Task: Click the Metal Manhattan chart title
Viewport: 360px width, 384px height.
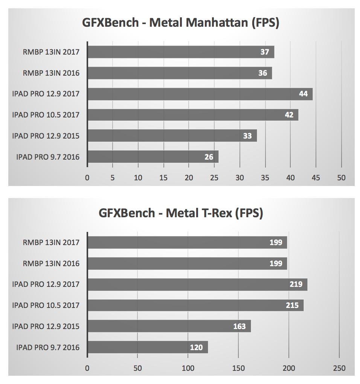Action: (181, 23)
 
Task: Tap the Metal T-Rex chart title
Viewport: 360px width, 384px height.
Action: (181, 213)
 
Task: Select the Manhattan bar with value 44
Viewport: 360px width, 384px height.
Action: (200, 94)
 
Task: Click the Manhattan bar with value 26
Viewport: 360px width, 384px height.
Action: (153, 157)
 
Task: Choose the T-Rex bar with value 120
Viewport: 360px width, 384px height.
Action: (147, 347)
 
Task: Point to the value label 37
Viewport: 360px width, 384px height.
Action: (265, 52)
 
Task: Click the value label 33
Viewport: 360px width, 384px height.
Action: (247, 136)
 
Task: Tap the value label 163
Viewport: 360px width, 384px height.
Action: (239, 326)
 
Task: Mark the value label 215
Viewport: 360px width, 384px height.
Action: (292, 305)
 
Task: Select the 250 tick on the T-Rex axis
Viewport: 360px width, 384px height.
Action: (339, 368)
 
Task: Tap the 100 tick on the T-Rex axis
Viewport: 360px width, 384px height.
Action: (188, 368)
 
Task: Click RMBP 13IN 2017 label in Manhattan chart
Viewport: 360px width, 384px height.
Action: (51, 52)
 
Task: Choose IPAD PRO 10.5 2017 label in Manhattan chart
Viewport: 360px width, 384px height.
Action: (46, 115)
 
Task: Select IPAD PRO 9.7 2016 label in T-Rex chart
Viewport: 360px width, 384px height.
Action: (48, 347)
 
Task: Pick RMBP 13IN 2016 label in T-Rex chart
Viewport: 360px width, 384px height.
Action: (51, 263)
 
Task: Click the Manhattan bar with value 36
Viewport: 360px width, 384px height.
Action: (179, 73)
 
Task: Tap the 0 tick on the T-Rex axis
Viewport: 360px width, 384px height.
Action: (87, 368)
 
